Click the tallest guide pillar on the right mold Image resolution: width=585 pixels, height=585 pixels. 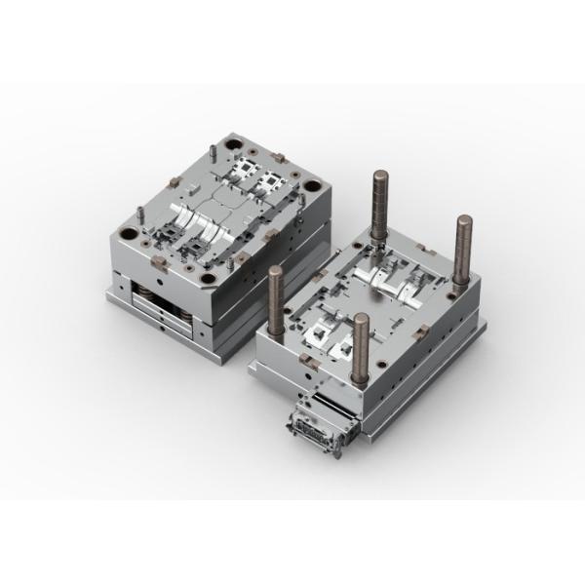376,200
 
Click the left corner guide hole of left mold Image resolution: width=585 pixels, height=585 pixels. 127,233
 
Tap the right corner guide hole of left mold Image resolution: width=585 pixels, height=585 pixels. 311,186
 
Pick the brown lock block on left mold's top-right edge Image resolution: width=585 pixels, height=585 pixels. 276,157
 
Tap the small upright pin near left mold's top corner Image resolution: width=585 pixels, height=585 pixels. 211,153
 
